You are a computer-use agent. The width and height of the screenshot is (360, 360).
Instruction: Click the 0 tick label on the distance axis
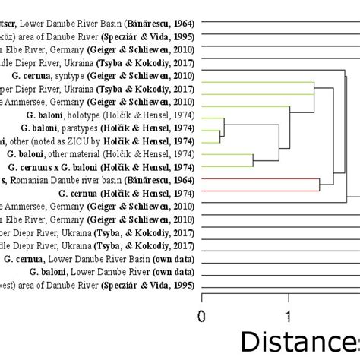pos(201,315)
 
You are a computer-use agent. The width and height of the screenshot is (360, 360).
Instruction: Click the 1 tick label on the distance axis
pos(289,315)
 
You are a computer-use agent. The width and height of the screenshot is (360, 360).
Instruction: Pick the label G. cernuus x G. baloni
pos(61,166)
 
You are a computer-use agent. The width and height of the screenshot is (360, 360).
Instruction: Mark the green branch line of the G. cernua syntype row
pos(258,81)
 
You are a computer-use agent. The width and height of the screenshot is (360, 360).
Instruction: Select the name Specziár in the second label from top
pos(113,36)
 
